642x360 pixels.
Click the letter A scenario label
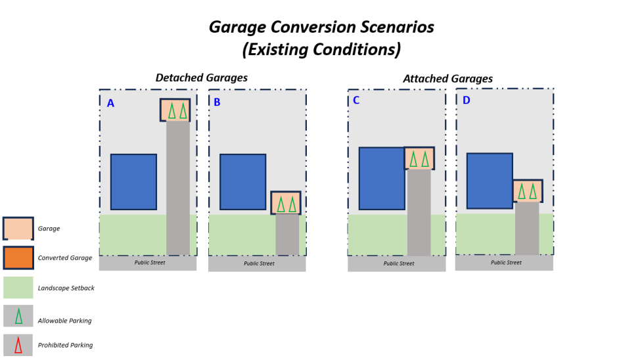point(110,103)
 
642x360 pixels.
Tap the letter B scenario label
point(217,102)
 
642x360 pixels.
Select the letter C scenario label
point(356,101)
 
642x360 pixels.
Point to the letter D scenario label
point(466,101)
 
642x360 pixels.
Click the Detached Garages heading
point(201,78)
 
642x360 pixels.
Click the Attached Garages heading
point(447,79)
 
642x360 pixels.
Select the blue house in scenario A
point(133,182)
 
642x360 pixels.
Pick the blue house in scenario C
point(382,178)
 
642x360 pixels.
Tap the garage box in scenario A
point(175,110)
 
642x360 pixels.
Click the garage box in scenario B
point(285,203)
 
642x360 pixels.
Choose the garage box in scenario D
point(527,191)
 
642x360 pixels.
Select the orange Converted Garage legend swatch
point(18,258)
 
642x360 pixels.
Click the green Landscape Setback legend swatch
point(18,288)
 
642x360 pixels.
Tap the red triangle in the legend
point(18,345)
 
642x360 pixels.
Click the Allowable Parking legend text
point(64,321)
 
